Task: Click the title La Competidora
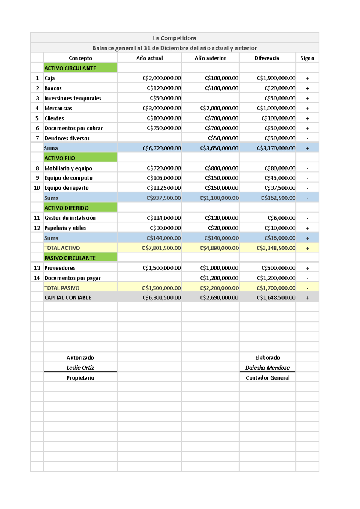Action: click(174, 38)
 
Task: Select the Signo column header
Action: click(307, 58)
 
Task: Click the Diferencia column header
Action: click(267, 58)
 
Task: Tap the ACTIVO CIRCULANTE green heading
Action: click(70, 68)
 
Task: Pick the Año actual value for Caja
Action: click(162, 78)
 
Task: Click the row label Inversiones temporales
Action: click(73, 98)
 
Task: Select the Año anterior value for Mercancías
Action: click(219, 108)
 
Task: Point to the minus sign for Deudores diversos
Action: click(307, 138)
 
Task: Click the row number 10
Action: click(37, 188)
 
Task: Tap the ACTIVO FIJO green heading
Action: click(60, 158)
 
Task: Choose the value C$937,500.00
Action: click(164, 198)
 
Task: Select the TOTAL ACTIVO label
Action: click(62, 248)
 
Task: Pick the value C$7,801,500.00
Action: click(161, 248)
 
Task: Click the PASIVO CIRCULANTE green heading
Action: click(70, 258)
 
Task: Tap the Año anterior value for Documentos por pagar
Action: click(219, 278)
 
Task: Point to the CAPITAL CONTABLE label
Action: click(68, 298)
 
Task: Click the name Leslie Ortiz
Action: click(80, 368)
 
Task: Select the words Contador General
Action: click(268, 378)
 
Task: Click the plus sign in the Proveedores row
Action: click(307, 268)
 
